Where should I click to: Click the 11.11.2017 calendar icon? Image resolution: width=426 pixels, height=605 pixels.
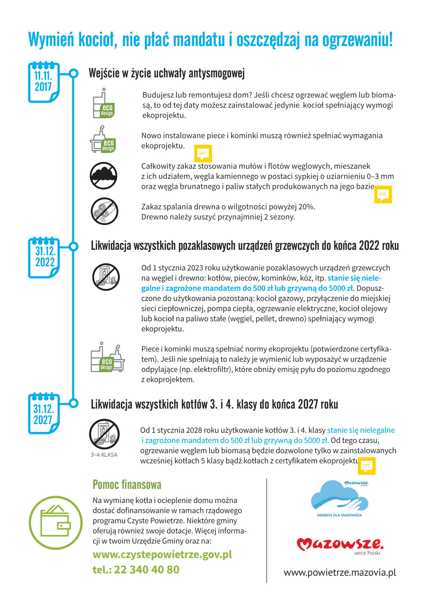(44, 82)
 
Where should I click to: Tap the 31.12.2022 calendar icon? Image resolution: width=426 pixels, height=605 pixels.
(44, 258)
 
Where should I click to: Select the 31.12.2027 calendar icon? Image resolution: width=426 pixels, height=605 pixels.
(44, 414)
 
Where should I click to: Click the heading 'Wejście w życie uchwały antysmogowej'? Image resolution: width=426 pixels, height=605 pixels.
(167, 73)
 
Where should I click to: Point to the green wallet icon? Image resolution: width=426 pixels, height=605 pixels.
(56, 522)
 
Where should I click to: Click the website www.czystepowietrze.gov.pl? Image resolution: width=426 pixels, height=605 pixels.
(162, 555)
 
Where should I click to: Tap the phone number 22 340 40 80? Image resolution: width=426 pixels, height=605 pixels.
(147, 570)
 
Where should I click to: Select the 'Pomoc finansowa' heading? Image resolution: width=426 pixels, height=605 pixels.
(127, 485)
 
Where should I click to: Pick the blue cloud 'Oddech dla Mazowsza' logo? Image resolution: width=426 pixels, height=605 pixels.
(339, 498)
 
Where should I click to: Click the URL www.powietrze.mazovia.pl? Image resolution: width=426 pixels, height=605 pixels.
(340, 572)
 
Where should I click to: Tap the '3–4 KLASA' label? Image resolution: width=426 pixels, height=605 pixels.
(104, 455)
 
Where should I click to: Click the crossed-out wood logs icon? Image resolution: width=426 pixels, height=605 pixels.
(104, 211)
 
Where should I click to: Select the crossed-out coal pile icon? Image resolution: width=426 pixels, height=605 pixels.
(104, 176)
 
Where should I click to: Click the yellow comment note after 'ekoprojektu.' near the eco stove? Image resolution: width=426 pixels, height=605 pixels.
(203, 153)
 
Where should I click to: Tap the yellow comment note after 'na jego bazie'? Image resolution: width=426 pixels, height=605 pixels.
(383, 194)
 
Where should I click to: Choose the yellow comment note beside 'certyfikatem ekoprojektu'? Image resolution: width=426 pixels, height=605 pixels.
(367, 466)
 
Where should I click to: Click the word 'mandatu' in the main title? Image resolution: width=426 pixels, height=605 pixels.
(199, 40)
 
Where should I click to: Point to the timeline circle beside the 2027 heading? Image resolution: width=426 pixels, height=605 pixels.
(73, 403)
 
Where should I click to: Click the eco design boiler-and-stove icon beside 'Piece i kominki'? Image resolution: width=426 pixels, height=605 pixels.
(107, 357)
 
